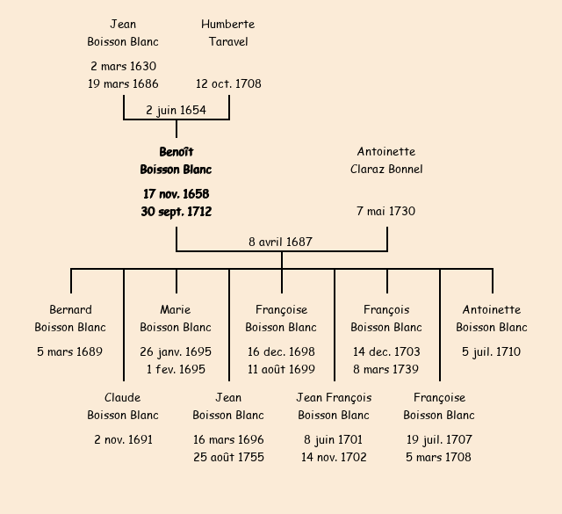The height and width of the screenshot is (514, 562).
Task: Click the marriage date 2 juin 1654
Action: click(x=176, y=110)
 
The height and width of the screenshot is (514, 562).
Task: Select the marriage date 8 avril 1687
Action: click(x=281, y=242)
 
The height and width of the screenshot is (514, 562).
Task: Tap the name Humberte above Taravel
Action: click(x=227, y=24)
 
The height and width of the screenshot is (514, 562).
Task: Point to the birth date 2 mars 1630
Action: click(x=123, y=66)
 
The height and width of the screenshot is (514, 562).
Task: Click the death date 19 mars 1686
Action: click(x=123, y=84)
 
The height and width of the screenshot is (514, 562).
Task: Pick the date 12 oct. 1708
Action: click(x=228, y=84)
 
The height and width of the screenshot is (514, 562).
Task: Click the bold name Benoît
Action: click(x=176, y=152)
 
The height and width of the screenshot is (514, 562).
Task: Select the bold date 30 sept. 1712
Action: click(x=176, y=212)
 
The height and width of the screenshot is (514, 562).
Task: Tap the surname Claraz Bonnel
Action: click(x=386, y=170)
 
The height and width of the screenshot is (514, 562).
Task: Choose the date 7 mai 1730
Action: click(x=386, y=212)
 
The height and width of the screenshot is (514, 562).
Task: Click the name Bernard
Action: click(x=70, y=309)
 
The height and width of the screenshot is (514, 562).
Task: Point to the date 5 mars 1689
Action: click(x=70, y=352)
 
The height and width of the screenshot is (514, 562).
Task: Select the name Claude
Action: click(x=122, y=398)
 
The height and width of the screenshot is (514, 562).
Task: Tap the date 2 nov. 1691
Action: click(x=123, y=439)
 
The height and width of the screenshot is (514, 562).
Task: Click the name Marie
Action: click(x=176, y=309)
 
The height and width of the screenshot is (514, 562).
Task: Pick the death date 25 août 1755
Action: click(x=228, y=457)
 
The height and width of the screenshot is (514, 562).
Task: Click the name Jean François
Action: click(x=334, y=398)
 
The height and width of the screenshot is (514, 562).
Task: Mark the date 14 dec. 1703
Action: click(x=386, y=352)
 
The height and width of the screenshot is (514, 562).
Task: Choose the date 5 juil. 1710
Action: click(x=492, y=352)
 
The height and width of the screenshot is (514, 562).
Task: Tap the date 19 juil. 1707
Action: click(x=439, y=439)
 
